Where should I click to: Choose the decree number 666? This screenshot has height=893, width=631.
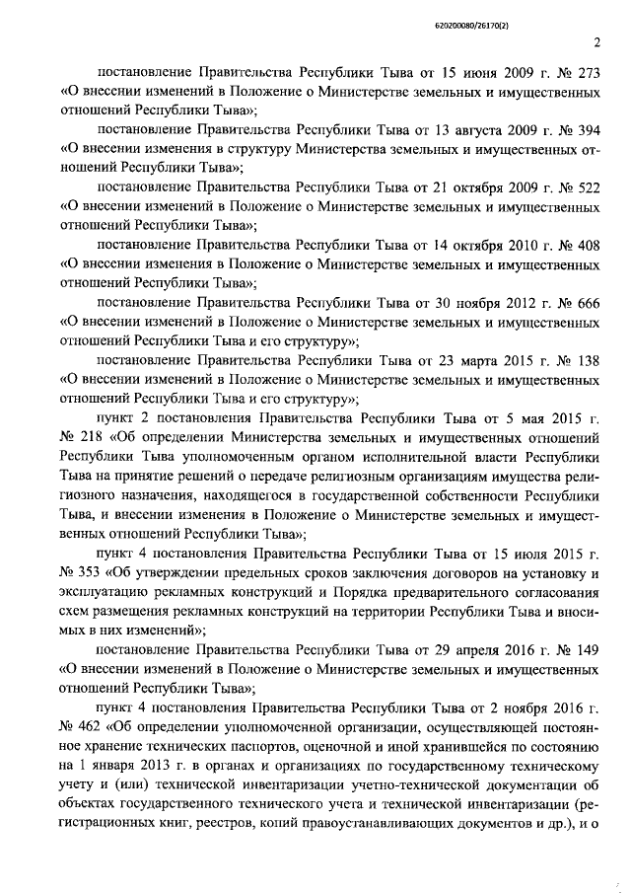pyautogui.click(x=587, y=302)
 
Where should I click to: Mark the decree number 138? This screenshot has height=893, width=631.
pyautogui.click(x=587, y=359)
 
